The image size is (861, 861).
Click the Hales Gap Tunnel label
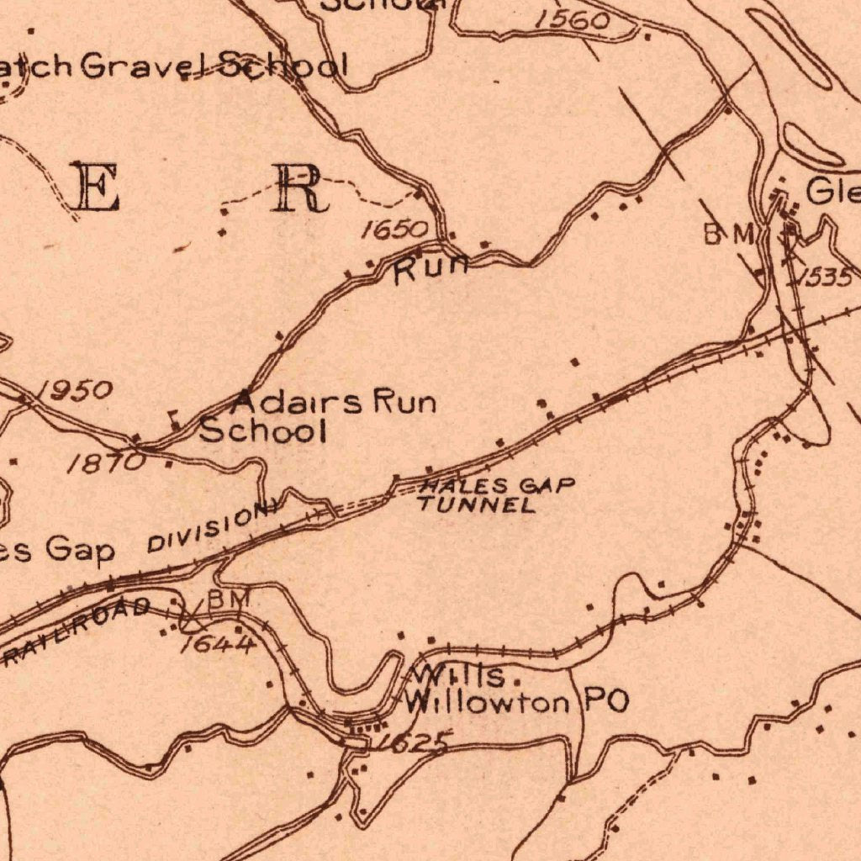coord(496,495)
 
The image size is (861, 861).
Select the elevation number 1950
coord(77,389)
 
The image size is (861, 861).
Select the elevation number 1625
coord(413,742)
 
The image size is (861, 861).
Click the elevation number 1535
coord(825,277)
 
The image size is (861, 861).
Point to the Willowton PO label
coord(516,702)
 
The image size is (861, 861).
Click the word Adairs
coord(299,402)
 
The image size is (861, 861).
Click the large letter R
coord(298,188)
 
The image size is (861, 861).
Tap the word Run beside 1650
coord(430,269)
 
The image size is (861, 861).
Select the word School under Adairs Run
coord(261,431)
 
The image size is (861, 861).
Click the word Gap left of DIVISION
coord(80,551)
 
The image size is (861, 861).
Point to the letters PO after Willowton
coord(605,702)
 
